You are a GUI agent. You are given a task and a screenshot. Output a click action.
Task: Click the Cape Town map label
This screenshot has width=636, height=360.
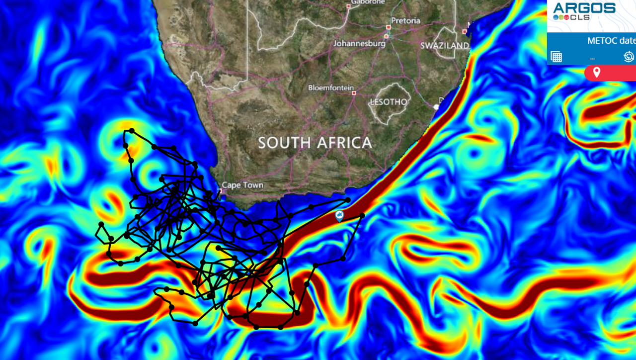tap(242, 185)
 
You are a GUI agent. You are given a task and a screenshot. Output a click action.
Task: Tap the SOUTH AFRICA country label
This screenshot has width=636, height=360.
tap(315, 143)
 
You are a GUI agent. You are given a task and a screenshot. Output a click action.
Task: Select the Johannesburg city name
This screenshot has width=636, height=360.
tap(359, 43)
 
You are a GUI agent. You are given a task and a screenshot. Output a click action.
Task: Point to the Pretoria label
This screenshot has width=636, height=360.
tap(405, 20)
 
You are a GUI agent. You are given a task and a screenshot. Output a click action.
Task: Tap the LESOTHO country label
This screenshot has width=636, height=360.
tap(388, 101)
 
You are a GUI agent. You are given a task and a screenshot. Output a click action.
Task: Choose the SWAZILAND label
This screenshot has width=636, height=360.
tap(445, 45)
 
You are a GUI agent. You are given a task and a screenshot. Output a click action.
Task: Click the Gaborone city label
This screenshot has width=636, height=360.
tap(368, 2)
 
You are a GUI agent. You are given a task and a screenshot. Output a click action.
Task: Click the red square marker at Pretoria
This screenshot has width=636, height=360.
tap(389, 27)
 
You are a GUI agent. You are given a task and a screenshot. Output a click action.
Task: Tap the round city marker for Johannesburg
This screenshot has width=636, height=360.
tap(386, 36)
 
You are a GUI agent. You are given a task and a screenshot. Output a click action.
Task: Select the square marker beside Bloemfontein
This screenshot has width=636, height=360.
tap(354, 92)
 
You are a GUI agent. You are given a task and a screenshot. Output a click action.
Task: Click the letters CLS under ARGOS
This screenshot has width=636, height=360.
tap(579, 17)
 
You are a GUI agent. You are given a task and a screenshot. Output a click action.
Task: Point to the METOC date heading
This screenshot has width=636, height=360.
tap(611, 41)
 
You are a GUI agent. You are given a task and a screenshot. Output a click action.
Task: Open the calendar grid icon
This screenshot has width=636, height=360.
tap(556, 57)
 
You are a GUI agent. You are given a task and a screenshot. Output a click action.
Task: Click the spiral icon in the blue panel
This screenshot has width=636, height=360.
tap(629, 57)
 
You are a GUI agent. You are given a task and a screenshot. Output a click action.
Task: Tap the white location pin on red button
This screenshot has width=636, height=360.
tap(597, 73)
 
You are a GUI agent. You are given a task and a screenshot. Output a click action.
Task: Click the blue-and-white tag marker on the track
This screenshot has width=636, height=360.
tap(339, 215)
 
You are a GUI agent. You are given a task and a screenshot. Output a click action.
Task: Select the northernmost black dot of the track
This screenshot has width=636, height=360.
tap(132, 130)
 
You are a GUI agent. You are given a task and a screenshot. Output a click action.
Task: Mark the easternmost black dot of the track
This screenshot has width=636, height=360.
tap(362, 215)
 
